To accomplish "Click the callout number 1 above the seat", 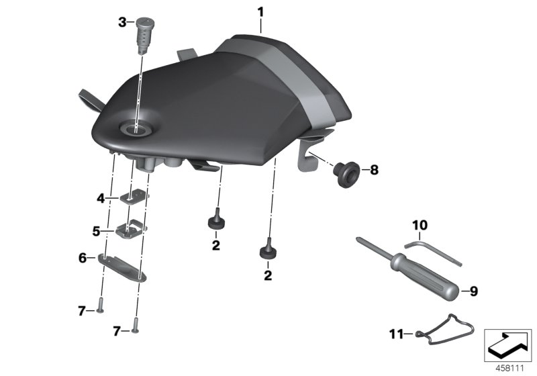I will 260,11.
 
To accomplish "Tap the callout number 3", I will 122,23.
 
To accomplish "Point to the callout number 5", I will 97,230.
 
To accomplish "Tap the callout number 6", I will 83,257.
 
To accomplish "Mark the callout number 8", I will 375,171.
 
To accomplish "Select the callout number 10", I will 419,225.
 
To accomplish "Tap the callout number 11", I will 396,332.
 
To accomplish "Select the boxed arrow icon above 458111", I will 507,344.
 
